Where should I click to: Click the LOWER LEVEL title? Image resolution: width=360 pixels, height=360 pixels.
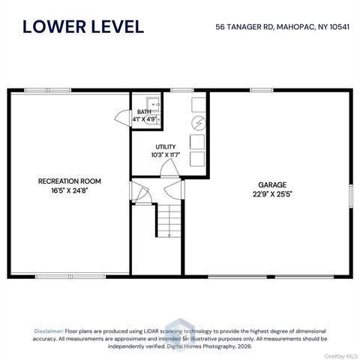tap(83, 26)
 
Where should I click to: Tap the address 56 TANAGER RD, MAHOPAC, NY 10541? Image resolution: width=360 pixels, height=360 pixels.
tap(283, 27)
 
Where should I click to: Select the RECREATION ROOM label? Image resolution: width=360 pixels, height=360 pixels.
tap(70, 181)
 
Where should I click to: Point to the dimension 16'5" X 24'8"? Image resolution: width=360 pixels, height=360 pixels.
tap(70, 190)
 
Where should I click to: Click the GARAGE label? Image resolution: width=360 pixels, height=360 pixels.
tap(272, 184)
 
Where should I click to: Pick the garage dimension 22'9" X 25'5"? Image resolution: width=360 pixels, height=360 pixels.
tap(272, 194)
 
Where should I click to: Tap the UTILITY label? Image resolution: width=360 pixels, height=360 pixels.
tap(166, 147)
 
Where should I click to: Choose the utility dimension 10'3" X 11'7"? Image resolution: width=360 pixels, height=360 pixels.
tap(166, 155)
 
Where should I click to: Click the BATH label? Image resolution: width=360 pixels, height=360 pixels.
tap(144, 112)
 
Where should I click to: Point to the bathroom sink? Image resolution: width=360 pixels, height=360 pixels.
tap(153, 104)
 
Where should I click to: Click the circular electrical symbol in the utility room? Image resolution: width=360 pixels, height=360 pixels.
tap(199, 123)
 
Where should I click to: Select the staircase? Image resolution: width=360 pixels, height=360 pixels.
tap(169, 221)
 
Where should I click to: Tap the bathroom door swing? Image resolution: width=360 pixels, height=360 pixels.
tap(122, 118)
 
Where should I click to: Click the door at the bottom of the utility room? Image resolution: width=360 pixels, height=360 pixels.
tap(169, 169)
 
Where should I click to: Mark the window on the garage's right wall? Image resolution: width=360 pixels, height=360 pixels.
tap(351, 196)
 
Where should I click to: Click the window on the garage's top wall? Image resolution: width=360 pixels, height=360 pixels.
tap(262, 90)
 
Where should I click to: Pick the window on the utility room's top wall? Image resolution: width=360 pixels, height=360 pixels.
tap(182, 90)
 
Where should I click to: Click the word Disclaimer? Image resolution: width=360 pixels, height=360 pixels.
tap(49, 331)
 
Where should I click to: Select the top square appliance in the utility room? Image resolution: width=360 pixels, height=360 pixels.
tap(199, 105)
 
